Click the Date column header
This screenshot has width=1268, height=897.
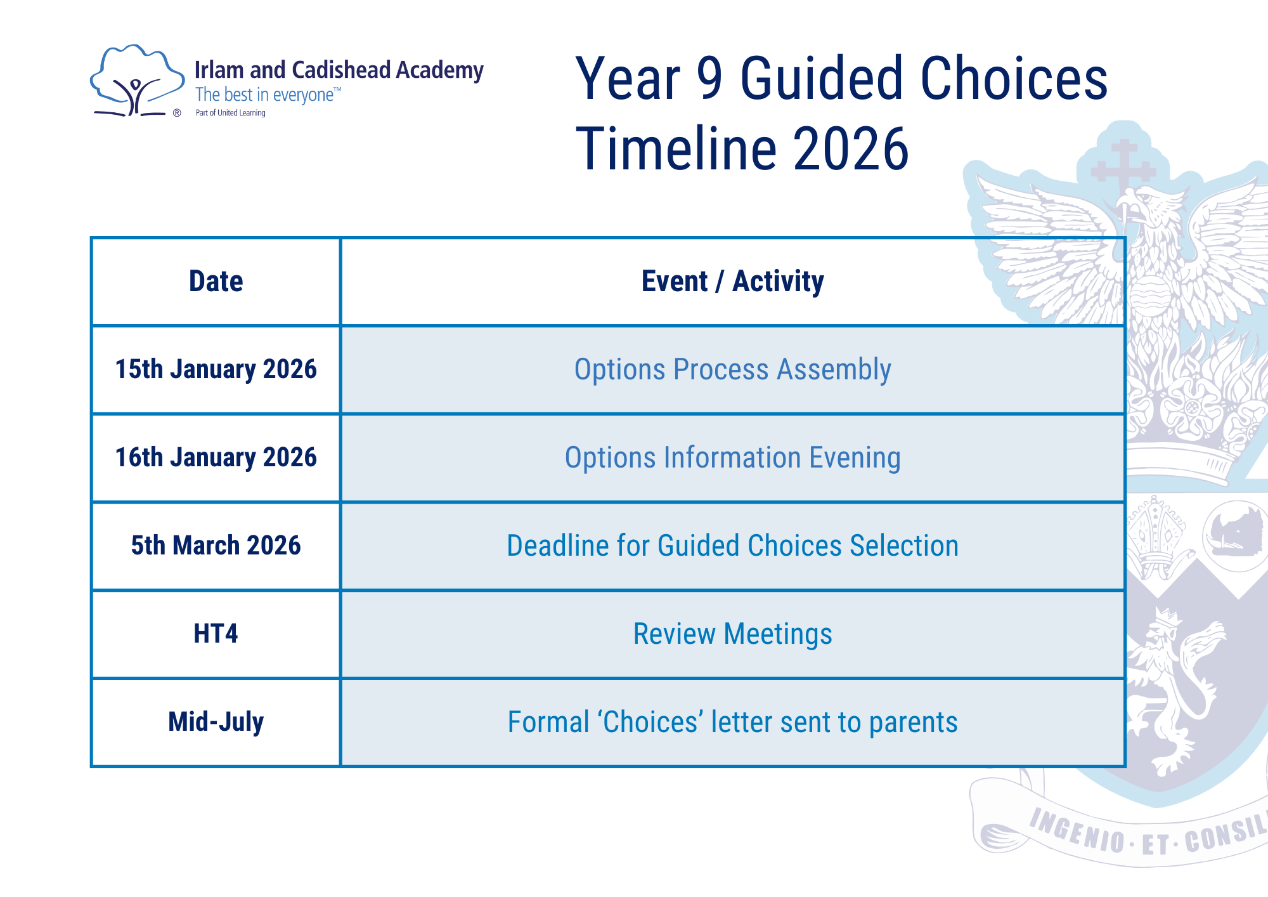(216, 281)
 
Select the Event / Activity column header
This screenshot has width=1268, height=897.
(732, 281)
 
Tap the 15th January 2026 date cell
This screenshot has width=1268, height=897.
(216, 369)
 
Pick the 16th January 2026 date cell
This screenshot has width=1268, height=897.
(216, 457)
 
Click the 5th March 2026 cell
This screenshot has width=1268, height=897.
(216, 546)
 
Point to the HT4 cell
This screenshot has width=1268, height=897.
(216, 634)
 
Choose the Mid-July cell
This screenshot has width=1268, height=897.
(216, 722)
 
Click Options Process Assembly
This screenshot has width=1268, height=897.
(732, 369)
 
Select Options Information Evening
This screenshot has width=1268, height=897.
(732, 457)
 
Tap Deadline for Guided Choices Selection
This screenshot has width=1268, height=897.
(732, 546)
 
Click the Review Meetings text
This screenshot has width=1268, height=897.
(732, 634)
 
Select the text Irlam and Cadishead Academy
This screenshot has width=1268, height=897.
(339, 70)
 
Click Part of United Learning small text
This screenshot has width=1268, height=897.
(230, 113)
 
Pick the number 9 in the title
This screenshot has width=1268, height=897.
(709, 79)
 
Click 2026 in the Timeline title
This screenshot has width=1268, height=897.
(851, 150)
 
